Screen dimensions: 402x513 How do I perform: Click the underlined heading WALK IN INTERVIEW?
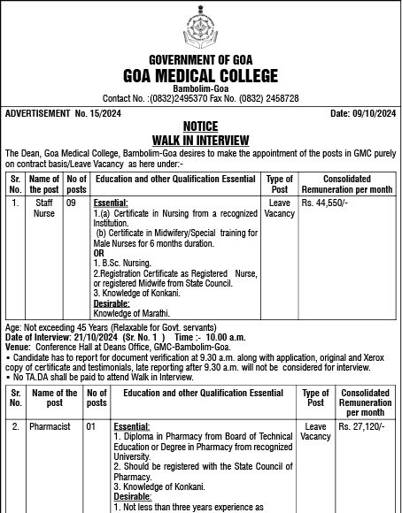[200, 139]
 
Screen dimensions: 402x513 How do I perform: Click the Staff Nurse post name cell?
[44, 208]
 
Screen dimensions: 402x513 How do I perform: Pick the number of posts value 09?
[77, 203]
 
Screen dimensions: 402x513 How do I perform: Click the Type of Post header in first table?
[280, 184]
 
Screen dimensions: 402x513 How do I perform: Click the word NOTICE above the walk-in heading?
[200, 127]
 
